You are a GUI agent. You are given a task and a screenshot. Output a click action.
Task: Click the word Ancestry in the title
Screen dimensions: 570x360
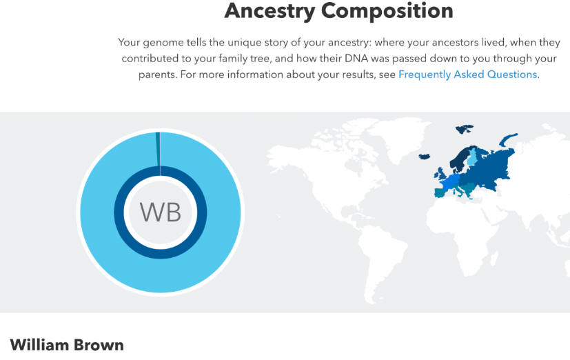269,11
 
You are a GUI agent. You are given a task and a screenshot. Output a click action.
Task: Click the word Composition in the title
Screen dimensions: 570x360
387,11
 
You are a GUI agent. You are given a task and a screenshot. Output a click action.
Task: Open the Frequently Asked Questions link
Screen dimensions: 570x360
468,74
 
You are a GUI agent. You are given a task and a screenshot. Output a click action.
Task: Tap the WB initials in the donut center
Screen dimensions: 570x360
161,212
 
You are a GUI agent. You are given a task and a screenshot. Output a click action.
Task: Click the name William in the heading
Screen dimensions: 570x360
39,345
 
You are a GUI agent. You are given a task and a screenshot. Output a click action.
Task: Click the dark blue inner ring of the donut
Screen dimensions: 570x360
161,254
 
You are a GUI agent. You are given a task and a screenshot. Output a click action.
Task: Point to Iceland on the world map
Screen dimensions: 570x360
425,157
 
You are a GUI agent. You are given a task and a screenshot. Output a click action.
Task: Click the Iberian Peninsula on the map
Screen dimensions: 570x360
442,192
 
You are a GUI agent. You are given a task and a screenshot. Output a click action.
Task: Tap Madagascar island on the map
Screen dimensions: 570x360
493,258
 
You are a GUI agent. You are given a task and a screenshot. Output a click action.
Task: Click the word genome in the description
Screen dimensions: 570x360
163,43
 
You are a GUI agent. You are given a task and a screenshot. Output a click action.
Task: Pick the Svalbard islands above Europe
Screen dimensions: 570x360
465,128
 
